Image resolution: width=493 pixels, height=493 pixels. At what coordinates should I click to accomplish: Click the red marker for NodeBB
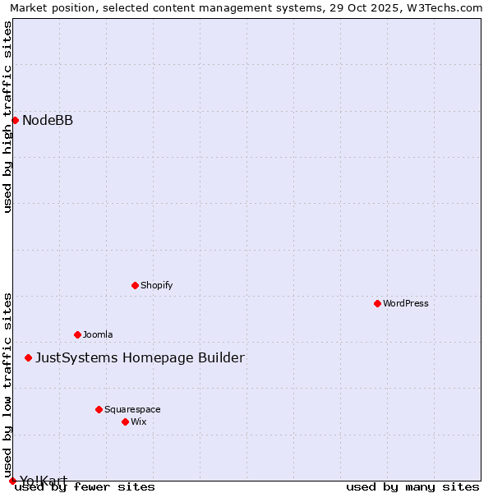(15, 121)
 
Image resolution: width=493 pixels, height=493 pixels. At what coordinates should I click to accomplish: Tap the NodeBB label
(48, 121)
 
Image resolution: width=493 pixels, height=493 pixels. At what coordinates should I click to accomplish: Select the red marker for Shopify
(135, 286)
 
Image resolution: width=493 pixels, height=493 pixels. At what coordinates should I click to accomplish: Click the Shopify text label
(156, 286)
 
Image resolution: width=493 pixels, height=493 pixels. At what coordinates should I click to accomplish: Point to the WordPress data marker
(377, 304)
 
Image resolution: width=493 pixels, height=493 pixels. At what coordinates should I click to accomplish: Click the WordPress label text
(406, 304)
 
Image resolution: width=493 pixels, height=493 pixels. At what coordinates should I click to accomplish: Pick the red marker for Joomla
(77, 335)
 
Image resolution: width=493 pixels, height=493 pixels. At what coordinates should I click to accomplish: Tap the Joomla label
(98, 335)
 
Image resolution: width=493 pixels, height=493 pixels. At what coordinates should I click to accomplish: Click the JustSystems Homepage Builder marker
(28, 358)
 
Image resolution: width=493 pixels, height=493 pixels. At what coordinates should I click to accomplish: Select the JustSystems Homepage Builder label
(140, 358)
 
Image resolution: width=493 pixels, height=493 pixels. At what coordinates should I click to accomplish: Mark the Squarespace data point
(99, 409)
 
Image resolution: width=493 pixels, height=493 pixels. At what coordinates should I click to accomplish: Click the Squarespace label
(132, 409)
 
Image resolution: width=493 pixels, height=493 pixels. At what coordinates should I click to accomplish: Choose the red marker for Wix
(125, 422)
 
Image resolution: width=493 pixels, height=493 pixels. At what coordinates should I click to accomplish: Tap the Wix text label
(139, 422)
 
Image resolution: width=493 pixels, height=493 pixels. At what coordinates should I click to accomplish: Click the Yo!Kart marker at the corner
(12, 481)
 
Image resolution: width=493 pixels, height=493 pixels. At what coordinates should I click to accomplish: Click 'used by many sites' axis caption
(412, 487)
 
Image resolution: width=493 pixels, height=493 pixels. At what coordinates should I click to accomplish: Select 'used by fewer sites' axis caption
(85, 487)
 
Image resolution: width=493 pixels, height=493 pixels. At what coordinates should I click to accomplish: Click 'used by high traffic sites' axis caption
(8, 117)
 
